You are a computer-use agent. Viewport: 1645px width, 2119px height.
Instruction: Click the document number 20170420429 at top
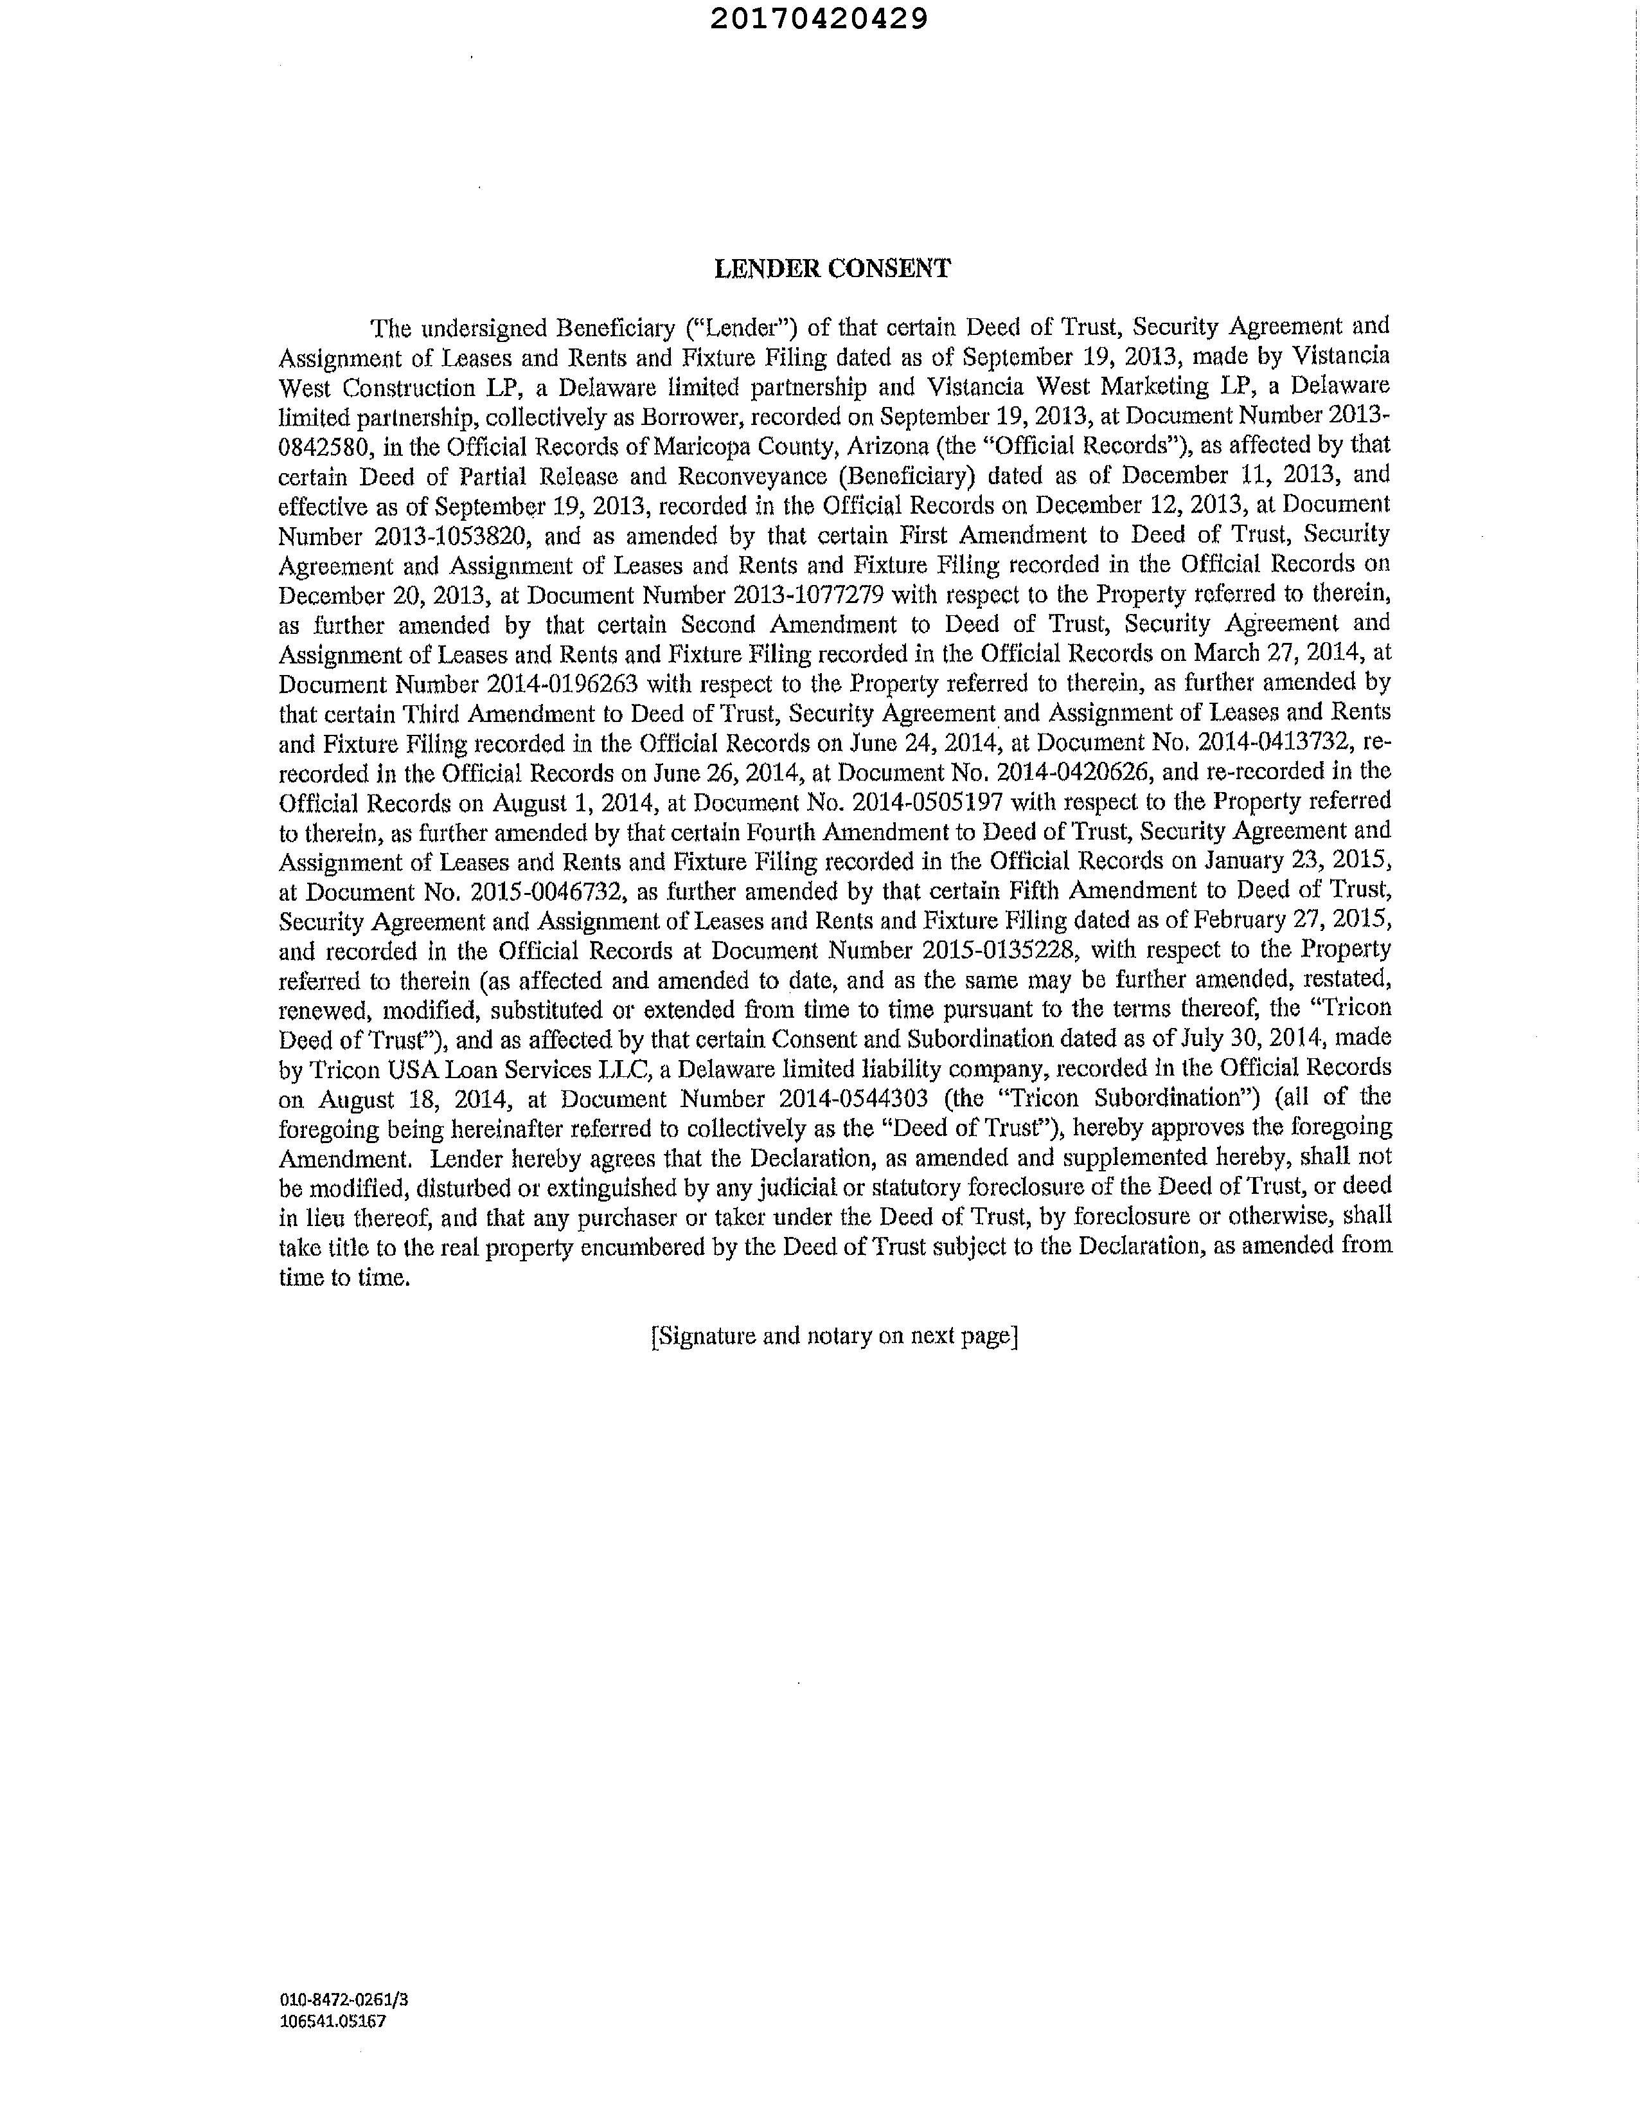pos(819,19)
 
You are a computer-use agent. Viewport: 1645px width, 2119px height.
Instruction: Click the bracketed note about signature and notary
pos(834,1336)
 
